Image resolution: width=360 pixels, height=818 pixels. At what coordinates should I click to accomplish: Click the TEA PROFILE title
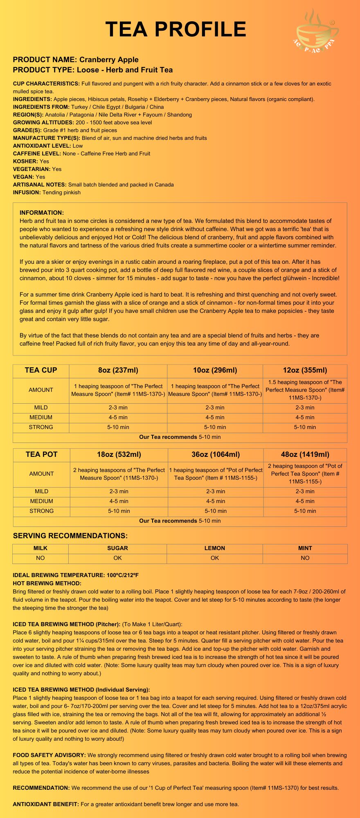[176, 29]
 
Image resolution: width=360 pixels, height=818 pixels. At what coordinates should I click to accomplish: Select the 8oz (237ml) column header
[118, 371]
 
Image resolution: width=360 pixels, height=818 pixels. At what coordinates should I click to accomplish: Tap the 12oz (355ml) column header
[305, 371]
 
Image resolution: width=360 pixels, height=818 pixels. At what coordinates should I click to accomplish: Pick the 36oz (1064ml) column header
[216, 454]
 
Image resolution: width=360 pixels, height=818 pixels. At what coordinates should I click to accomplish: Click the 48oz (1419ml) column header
[305, 454]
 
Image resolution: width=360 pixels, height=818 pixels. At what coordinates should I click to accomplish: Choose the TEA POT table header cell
[42, 454]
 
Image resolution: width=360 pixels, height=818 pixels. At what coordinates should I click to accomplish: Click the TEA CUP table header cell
[41, 371]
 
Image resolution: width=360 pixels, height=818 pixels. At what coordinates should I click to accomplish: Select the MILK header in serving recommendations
[40, 548]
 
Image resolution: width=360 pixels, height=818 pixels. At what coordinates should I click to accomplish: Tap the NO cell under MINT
[305, 558]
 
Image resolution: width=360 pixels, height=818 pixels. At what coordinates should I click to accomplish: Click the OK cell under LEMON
[215, 558]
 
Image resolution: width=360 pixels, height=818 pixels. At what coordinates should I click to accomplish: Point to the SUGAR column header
[117, 548]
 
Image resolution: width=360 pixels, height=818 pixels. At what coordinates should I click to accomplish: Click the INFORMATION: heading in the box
[42, 213]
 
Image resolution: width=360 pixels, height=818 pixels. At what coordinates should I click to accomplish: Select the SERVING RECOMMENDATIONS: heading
[70, 536]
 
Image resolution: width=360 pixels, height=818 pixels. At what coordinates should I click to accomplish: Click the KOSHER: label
[25, 161]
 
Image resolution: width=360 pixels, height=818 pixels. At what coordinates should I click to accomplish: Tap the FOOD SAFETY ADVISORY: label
[49, 755]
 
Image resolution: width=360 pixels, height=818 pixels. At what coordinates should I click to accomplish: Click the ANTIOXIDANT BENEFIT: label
[46, 804]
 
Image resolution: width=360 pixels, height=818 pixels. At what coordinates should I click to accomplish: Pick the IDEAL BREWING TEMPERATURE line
[76, 575]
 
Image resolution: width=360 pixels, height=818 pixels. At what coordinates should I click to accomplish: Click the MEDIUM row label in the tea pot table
[42, 501]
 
